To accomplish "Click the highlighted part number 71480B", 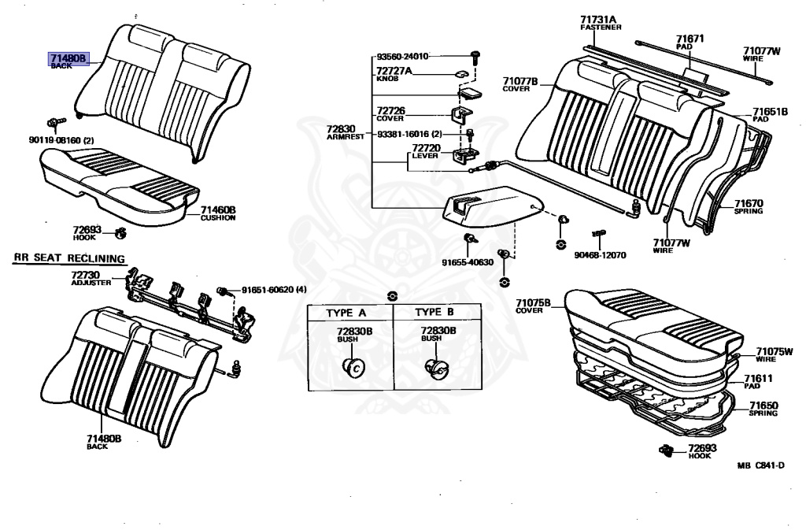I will [69, 57].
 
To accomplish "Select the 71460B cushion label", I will [217, 210].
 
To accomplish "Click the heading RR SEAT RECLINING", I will [68, 258].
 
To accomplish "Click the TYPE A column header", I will [346, 312].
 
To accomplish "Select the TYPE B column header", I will [434, 312].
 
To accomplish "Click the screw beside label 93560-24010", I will [475, 56].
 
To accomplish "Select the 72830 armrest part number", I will [342, 128].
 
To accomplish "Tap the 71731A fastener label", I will [601, 19].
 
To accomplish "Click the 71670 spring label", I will [749, 203].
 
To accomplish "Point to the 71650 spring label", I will [763, 406].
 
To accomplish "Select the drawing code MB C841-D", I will [761, 465].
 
